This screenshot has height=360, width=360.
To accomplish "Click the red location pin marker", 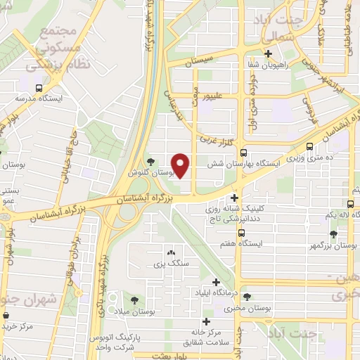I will tap(181, 165).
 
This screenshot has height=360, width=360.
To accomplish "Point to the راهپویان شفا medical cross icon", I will tap(267, 54).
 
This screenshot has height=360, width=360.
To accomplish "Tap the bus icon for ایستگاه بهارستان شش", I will tap(243, 153).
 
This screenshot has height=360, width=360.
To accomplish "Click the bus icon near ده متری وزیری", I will tap(311, 148).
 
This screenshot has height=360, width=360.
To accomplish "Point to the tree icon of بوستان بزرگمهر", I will tap(333, 233).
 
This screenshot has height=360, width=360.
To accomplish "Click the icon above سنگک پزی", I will tap(171, 252).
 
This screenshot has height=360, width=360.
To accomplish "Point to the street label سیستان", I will tap(198, 62).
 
